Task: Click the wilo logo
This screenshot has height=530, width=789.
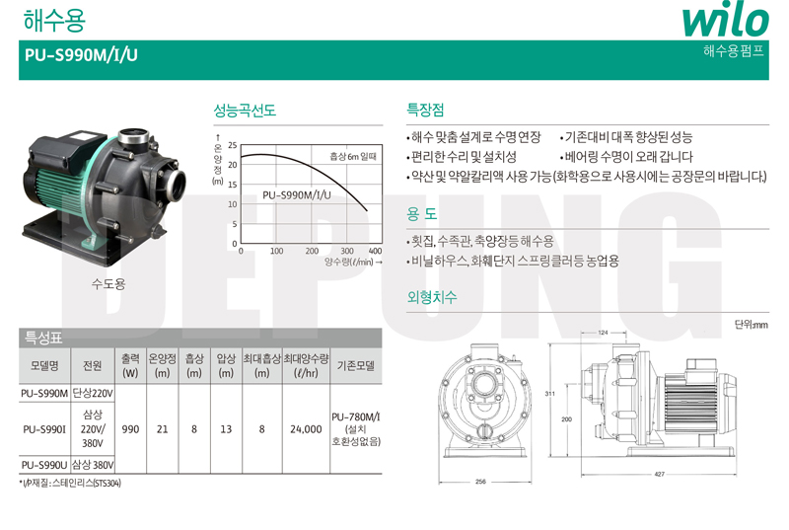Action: tap(725, 21)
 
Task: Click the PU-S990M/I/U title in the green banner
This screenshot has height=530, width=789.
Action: tap(81, 55)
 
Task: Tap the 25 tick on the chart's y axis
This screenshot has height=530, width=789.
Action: tap(232, 145)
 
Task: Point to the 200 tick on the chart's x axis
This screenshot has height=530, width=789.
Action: tap(312, 251)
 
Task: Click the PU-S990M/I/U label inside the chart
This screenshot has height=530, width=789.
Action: tap(297, 195)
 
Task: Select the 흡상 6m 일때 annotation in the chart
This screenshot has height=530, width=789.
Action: tap(353, 157)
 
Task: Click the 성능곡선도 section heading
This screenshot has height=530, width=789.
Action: tap(245, 111)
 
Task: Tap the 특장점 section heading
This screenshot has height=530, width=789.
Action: tap(425, 110)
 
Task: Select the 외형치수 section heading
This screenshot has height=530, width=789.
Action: tap(432, 297)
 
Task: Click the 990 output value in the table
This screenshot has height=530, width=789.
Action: tap(130, 429)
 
